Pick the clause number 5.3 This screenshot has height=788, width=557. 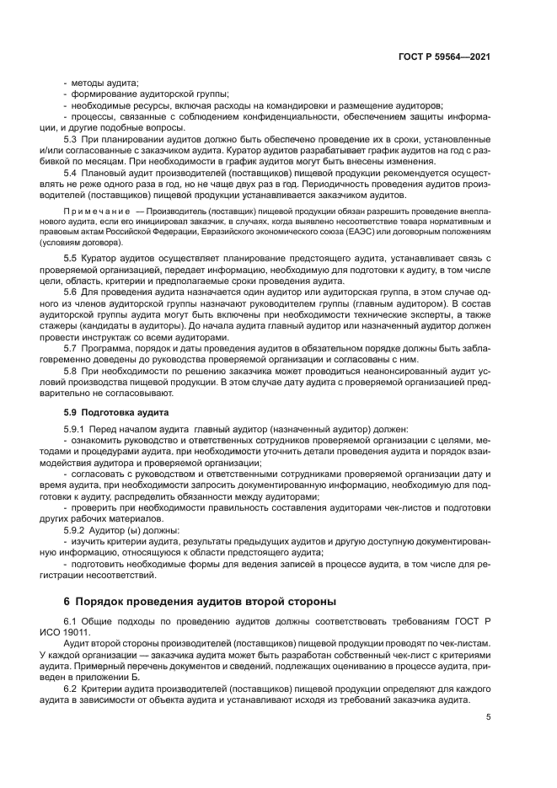click(x=72, y=138)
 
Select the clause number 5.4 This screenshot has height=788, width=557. click(x=72, y=172)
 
